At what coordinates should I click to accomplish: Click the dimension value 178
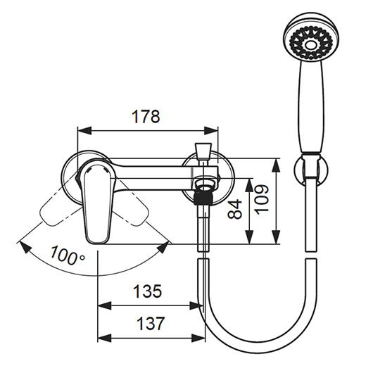click(x=146, y=117)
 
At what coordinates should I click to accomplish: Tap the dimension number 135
click(x=147, y=291)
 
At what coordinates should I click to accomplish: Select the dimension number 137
click(x=151, y=323)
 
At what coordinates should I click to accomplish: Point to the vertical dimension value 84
click(x=234, y=209)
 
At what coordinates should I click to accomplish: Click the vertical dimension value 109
click(x=262, y=199)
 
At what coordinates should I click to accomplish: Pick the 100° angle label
click(x=68, y=255)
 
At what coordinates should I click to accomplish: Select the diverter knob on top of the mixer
click(x=203, y=151)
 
